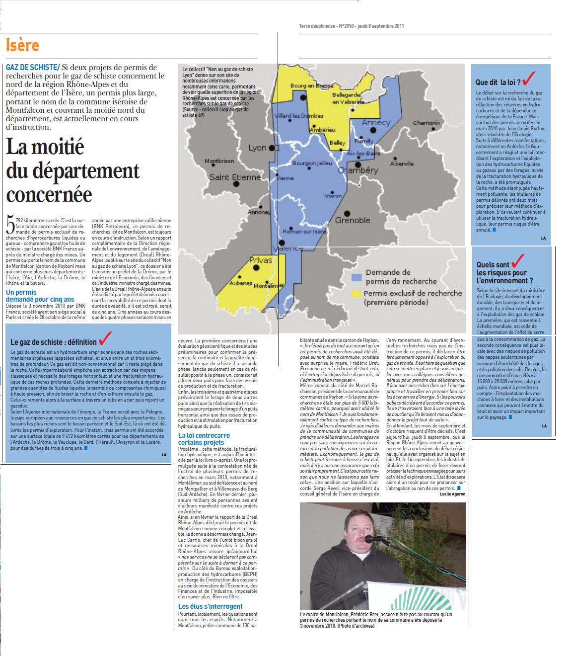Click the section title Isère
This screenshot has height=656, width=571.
pyautogui.click(x=22, y=46)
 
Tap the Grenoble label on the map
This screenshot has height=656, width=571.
pyautogui.click(x=353, y=220)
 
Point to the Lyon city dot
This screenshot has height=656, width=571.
pyautogui.click(x=272, y=148)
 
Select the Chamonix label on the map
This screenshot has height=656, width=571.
pyautogui.click(x=427, y=123)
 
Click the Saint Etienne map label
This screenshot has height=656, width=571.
pyautogui.click(x=235, y=177)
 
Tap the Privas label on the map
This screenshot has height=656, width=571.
pyautogui.click(x=261, y=260)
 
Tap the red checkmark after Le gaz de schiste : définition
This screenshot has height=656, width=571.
pyautogui.click(x=105, y=339)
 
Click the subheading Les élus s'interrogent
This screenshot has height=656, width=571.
pyautogui.click(x=211, y=606)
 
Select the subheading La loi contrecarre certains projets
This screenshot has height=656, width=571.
pyautogui.click(x=204, y=439)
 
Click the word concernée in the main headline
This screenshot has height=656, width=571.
pyautogui.click(x=49, y=193)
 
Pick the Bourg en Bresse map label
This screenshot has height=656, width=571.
pyautogui.click(x=312, y=85)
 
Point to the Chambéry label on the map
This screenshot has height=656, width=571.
pyautogui.click(x=357, y=170)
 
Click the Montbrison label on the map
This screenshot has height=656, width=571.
pyautogui.click(x=219, y=161)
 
